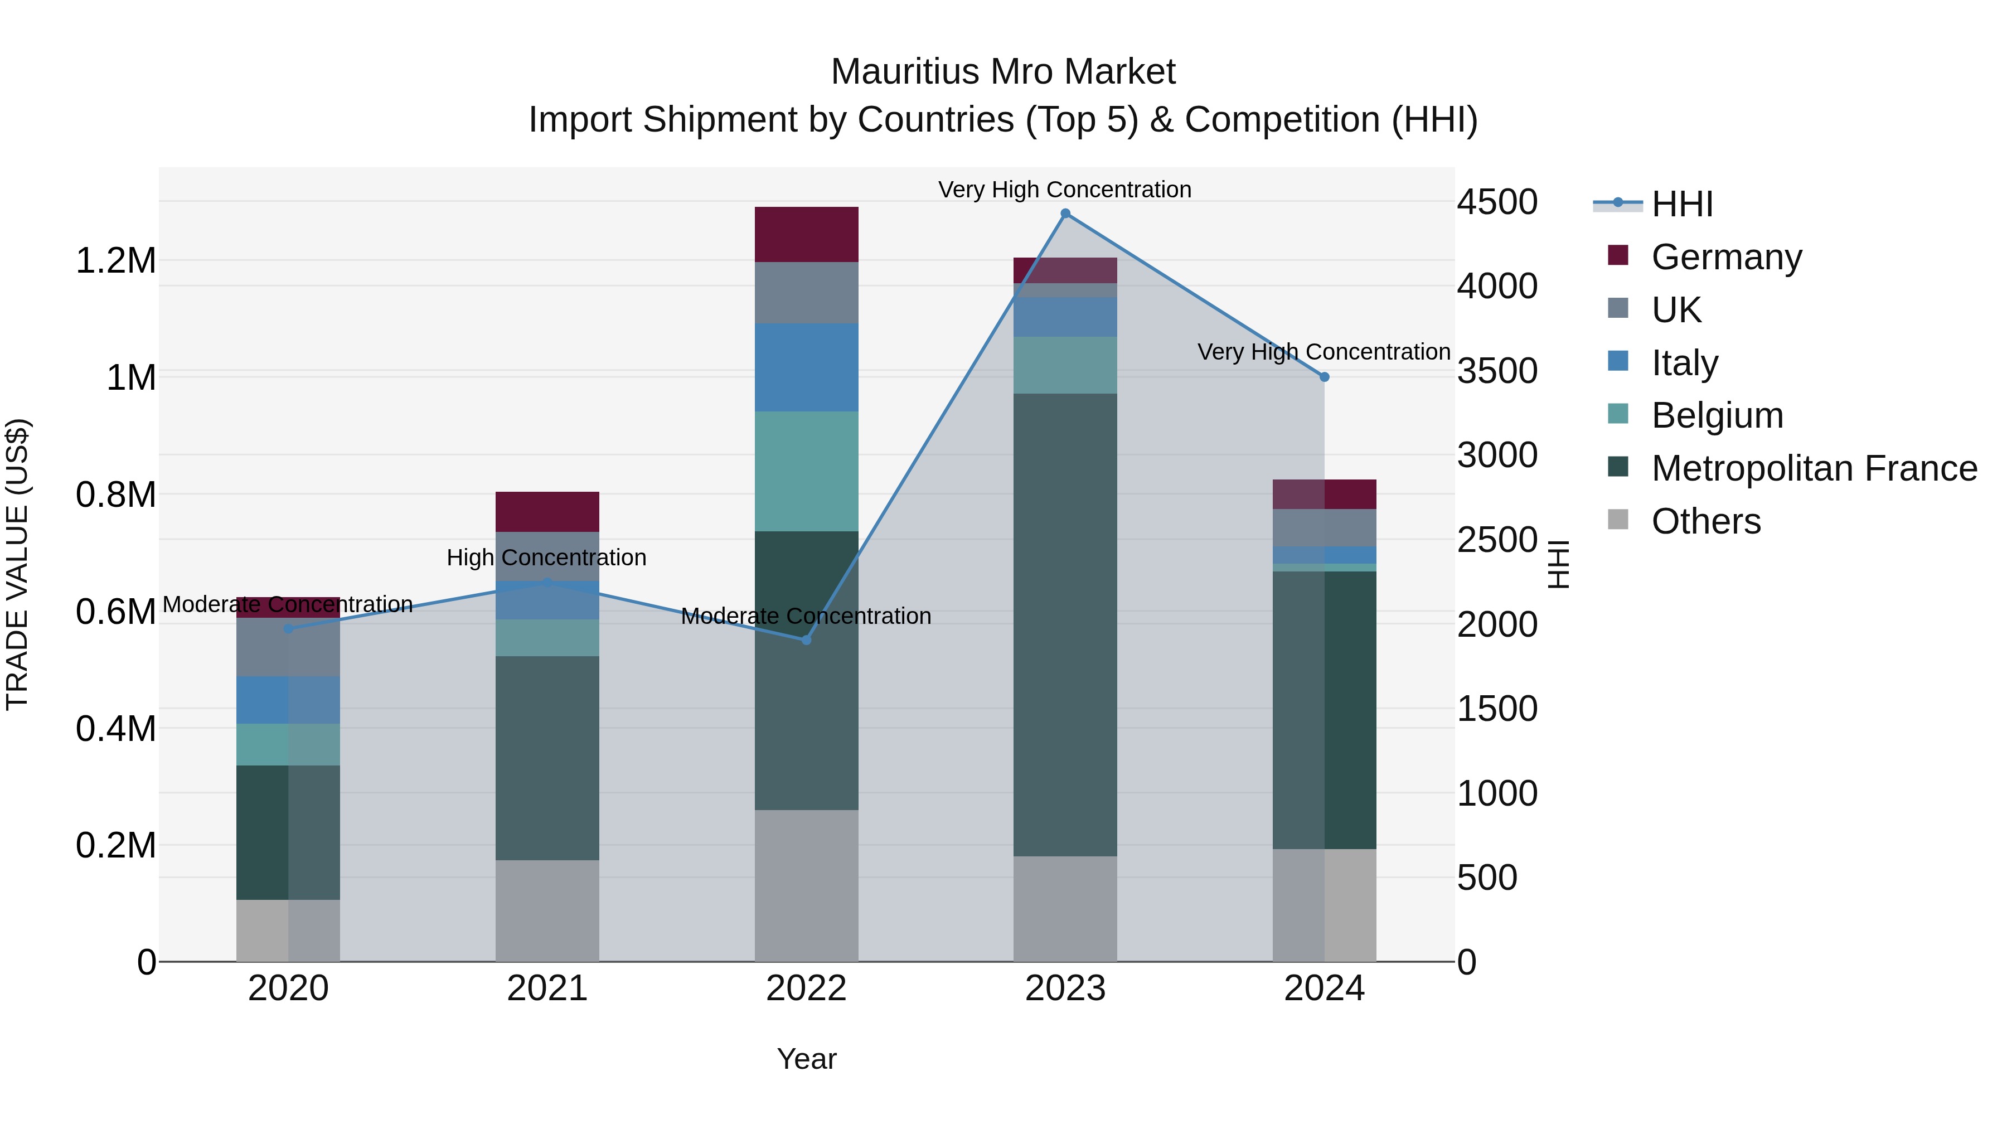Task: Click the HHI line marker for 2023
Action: tap(1065, 214)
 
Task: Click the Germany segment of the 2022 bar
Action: tap(806, 235)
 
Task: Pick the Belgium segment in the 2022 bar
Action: tap(806, 471)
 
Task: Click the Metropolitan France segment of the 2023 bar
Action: tap(1065, 623)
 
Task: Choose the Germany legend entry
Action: tap(1725, 257)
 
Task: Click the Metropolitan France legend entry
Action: tap(1813, 468)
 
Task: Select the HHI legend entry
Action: tap(1681, 204)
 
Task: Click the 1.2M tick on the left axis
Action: tap(116, 260)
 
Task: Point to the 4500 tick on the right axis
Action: tap(1497, 202)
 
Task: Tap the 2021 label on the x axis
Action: tap(547, 989)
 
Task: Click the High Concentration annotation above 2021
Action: tap(546, 558)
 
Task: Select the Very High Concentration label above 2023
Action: tap(1064, 190)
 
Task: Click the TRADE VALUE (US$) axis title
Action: tap(17, 564)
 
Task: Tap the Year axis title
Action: tap(806, 1059)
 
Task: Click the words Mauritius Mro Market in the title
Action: tap(1003, 72)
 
